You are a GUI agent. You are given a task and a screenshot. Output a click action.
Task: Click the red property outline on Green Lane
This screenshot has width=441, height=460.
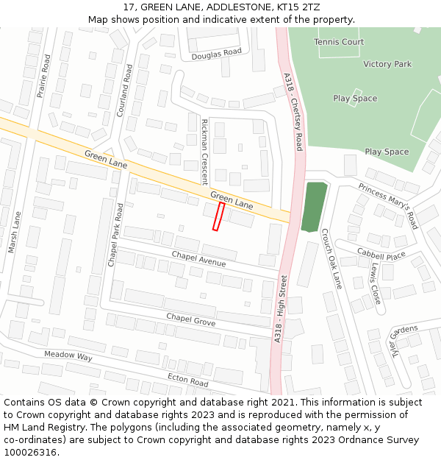point(218,216)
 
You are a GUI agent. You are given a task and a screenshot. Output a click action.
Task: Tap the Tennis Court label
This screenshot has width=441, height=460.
point(339,42)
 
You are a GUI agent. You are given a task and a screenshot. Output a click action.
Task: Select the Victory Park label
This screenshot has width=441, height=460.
point(387,64)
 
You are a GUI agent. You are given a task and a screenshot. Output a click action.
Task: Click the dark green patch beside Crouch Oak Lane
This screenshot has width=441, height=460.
point(314,207)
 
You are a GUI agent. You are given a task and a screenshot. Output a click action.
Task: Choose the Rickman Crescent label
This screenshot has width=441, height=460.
point(205,152)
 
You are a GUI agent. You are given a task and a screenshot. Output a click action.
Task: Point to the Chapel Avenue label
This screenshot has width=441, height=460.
point(198,258)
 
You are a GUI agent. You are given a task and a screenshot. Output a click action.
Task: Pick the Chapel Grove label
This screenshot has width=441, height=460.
point(190,319)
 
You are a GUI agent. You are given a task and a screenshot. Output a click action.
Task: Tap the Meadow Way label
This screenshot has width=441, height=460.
point(68,356)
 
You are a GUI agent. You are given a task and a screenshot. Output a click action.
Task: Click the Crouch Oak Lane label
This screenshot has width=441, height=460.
point(331,258)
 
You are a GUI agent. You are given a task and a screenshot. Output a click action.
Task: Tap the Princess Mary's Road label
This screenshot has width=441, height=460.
point(387,206)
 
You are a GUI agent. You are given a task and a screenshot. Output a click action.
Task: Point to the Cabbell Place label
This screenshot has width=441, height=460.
point(381,254)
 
